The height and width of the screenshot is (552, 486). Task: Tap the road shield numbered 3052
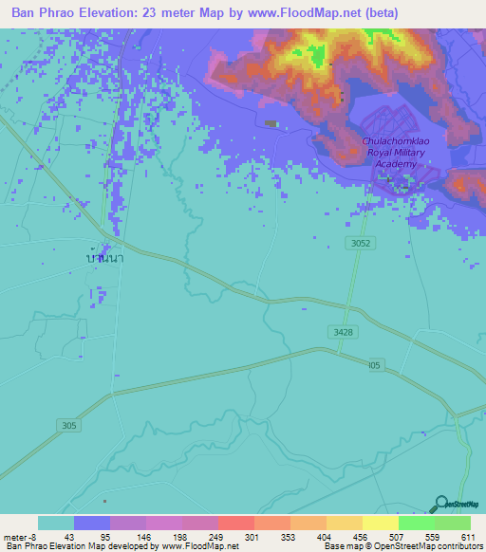(357, 244)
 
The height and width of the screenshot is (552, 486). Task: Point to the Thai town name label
(104, 258)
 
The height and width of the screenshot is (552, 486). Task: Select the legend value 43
(69, 537)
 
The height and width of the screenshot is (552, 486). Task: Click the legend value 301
(252, 537)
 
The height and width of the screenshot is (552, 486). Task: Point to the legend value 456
(360, 537)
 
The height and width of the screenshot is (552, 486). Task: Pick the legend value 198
(178, 537)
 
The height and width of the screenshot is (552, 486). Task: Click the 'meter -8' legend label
(19, 537)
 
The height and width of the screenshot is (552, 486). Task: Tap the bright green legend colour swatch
(417, 523)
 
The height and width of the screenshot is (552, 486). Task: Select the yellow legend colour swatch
(381, 523)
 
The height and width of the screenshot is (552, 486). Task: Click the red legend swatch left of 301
(235, 523)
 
